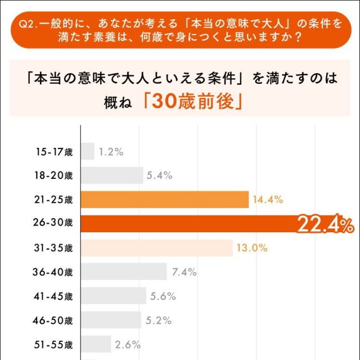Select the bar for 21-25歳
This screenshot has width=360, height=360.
(165, 200)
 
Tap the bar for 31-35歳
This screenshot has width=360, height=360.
(157, 248)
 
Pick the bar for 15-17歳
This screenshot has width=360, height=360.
(88, 151)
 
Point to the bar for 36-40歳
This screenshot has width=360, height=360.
(124, 272)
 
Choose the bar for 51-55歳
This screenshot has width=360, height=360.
(96, 344)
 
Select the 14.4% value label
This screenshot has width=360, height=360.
(268, 200)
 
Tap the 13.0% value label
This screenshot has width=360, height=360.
(252, 248)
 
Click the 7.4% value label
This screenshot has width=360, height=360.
(184, 272)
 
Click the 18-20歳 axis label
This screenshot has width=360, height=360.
(53, 175)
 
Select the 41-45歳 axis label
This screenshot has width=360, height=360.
(53, 296)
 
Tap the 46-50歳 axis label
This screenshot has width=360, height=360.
(53, 321)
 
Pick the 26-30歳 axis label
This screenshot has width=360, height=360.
(53, 224)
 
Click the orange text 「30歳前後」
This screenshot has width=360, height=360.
(192, 102)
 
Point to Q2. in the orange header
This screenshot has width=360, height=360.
(26, 24)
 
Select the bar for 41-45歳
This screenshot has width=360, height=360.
(114, 296)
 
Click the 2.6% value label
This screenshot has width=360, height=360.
(128, 344)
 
